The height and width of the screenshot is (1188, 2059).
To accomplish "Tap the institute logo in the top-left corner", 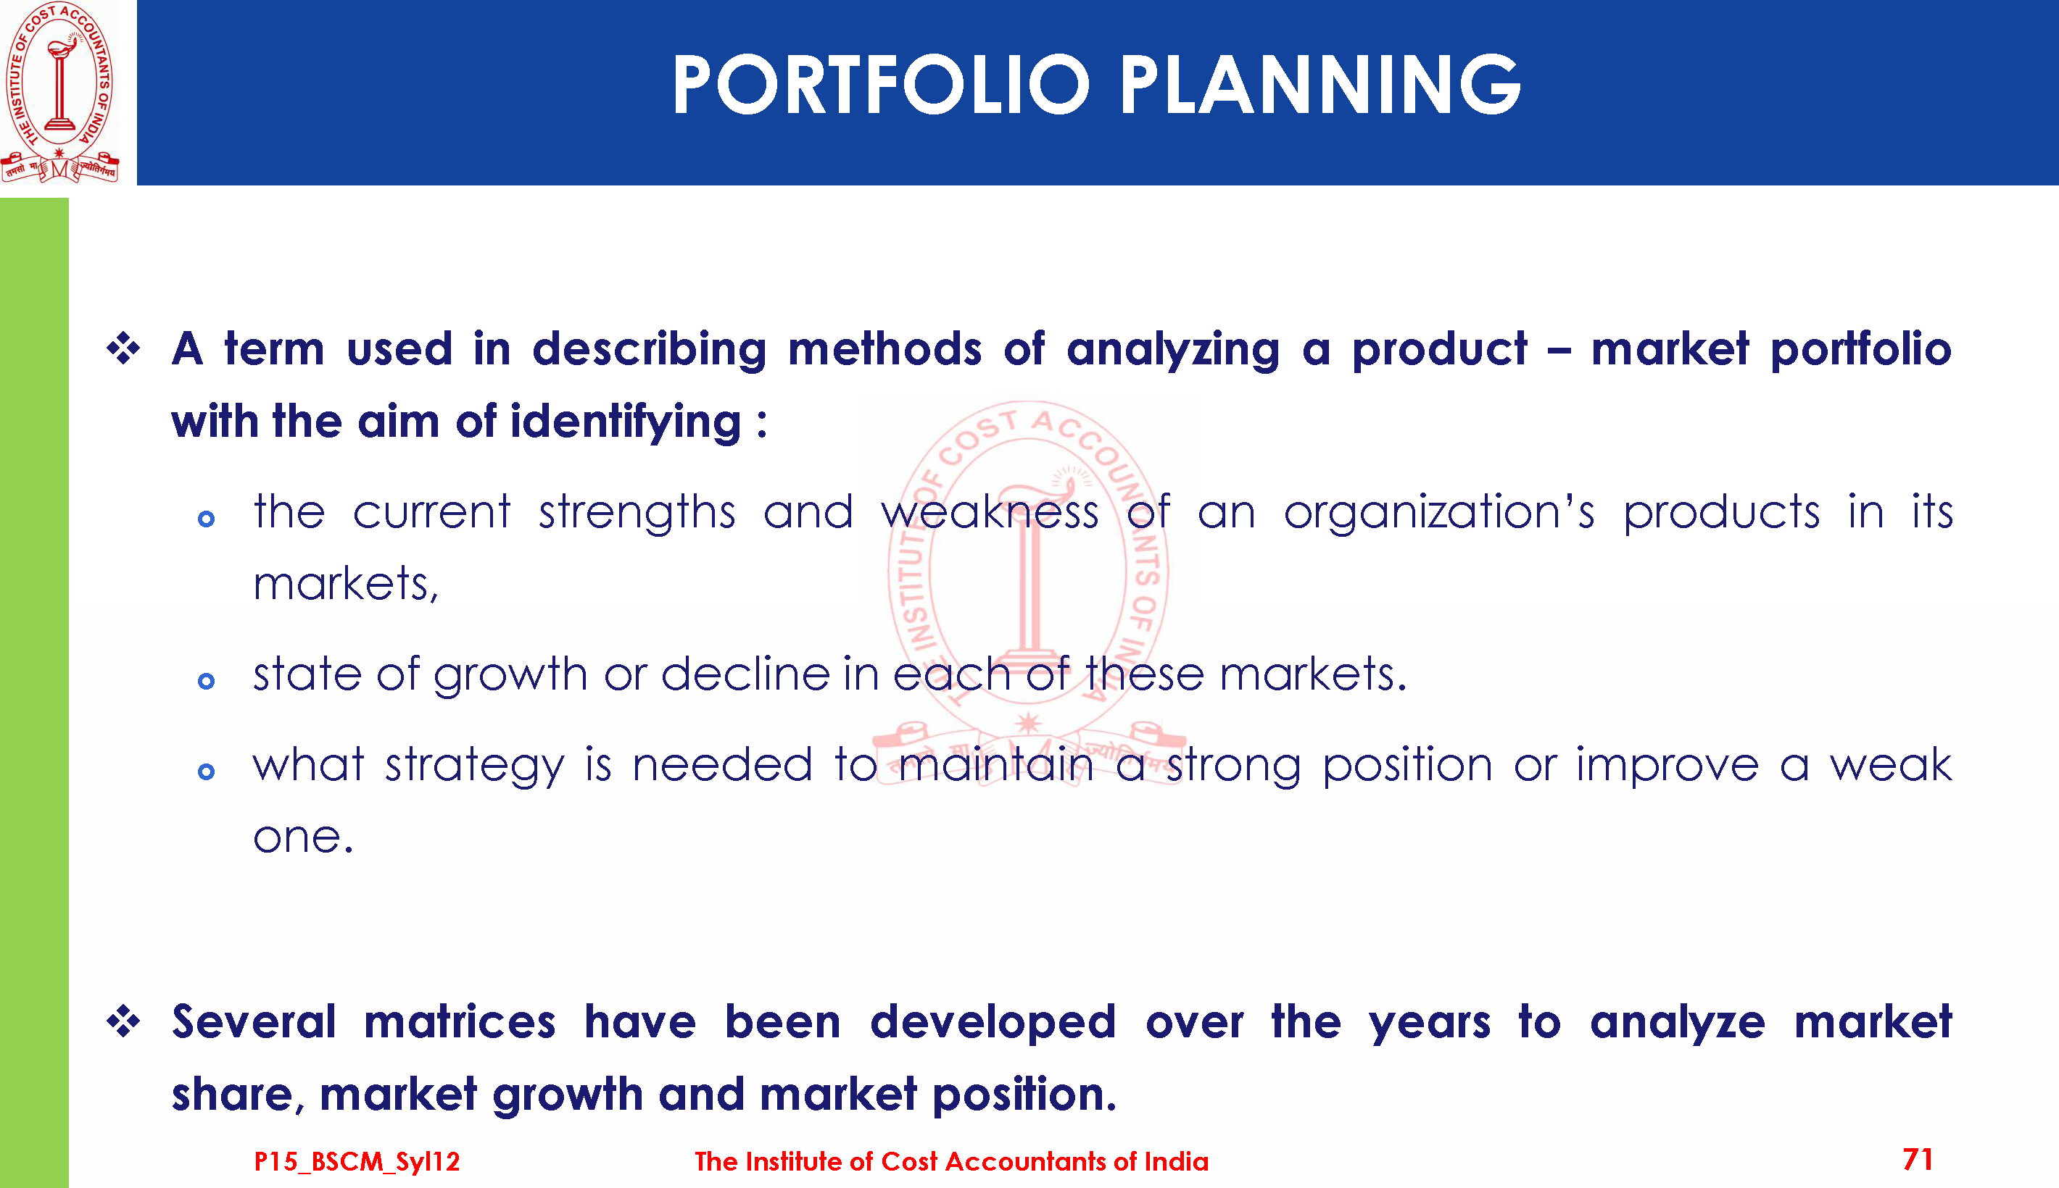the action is coord(59,92).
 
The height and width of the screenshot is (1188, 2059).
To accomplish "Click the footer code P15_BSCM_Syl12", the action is coord(357,1161).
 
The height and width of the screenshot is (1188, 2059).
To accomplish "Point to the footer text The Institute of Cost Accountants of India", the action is coord(951,1161).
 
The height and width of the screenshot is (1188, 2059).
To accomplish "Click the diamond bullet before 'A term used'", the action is coord(123,349).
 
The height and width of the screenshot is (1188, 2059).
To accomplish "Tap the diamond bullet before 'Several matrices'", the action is coord(123,1021).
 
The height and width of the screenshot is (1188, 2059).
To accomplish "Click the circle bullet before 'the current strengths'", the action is coord(207,519).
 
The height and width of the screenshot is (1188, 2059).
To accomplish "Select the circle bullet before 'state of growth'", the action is coord(207,680).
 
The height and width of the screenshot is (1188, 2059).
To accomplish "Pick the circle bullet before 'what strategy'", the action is coord(207,771).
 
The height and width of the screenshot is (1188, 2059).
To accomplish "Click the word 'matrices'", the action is coord(460,1022).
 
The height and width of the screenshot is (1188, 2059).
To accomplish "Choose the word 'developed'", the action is coord(993,1022).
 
